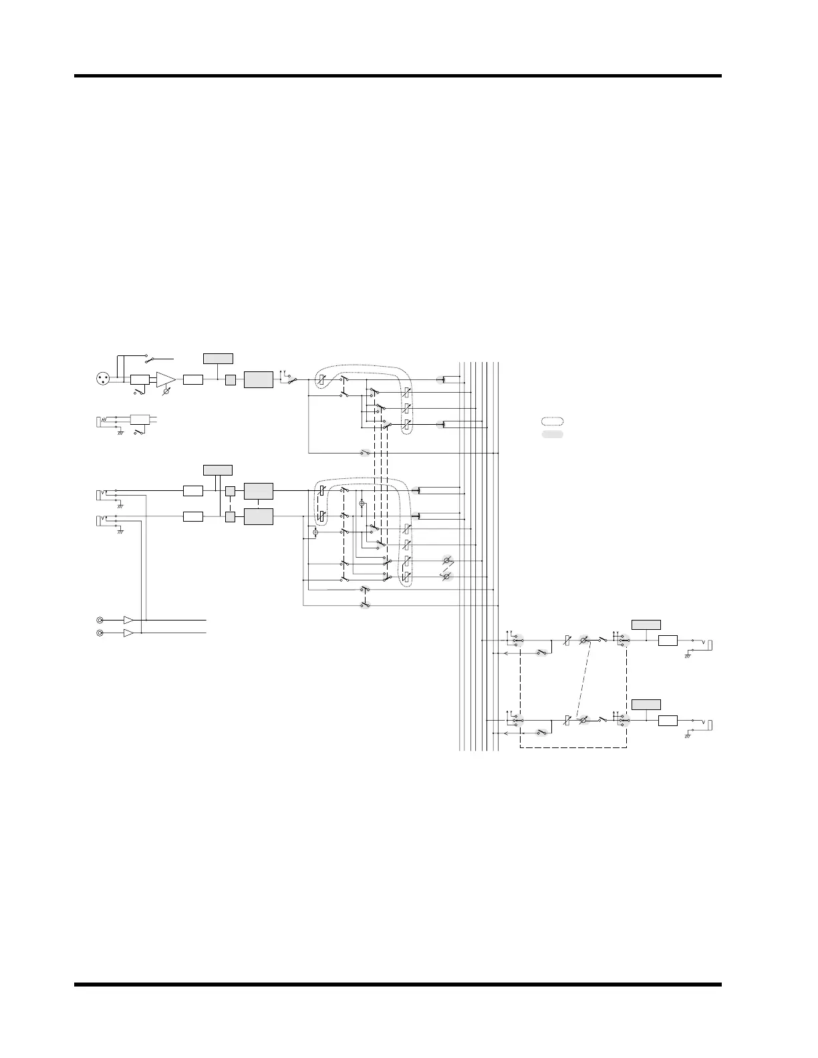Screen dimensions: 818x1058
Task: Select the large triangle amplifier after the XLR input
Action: click(x=165, y=380)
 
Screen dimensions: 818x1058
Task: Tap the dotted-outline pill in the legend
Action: click(x=552, y=421)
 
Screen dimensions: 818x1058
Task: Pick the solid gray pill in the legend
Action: click(x=552, y=434)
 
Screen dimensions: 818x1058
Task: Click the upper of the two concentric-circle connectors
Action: click(x=100, y=621)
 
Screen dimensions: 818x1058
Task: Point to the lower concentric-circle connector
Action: click(x=100, y=633)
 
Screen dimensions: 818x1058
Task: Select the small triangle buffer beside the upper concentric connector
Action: click(x=129, y=621)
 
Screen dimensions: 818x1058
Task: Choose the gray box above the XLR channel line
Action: click(x=218, y=358)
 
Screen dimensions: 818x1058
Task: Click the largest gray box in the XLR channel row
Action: click(x=258, y=380)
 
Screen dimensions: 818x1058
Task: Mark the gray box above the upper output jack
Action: click(x=646, y=625)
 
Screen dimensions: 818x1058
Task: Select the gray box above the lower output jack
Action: click(x=646, y=704)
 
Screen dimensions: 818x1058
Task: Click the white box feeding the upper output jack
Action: click(x=668, y=641)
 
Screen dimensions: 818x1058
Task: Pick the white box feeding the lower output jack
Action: click(x=668, y=721)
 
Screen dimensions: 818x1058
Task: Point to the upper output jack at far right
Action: click(x=711, y=644)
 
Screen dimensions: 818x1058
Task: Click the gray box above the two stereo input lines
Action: click(x=218, y=470)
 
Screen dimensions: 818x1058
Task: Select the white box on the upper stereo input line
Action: click(x=193, y=491)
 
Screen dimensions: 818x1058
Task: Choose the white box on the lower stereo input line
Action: click(x=193, y=516)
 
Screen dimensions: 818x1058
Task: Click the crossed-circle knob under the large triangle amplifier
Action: click(x=166, y=394)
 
